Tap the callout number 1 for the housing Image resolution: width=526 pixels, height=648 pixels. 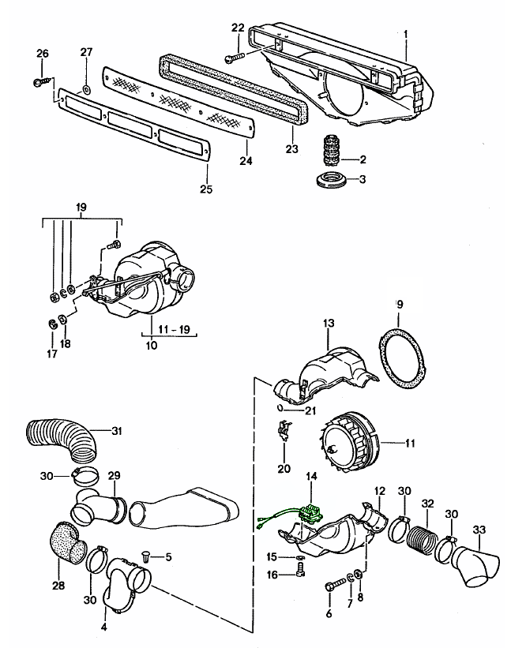[x=406, y=33]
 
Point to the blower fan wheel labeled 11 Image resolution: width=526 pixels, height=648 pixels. [x=348, y=441]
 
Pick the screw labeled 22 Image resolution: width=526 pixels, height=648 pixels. [x=235, y=58]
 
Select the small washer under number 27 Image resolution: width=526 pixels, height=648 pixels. [x=86, y=89]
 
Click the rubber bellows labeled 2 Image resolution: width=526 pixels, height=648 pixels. [x=329, y=151]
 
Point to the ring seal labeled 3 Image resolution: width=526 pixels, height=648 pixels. [x=329, y=180]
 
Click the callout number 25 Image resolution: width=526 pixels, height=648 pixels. [x=206, y=189]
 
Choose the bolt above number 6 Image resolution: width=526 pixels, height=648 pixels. [x=335, y=584]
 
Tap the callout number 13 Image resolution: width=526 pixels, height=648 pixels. [x=329, y=323]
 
